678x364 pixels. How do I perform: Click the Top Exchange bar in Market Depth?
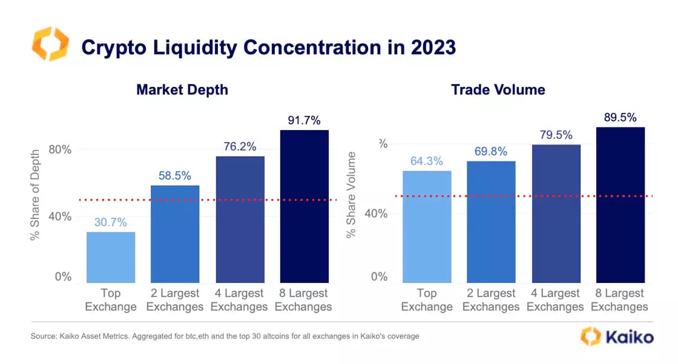point(111,257)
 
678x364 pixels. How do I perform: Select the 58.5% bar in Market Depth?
point(175,234)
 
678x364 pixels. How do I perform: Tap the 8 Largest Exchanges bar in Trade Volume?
point(620,205)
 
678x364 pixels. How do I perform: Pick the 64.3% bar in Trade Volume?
point(427,227)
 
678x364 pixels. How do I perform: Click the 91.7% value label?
point(304,120)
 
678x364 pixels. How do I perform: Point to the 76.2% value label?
point(240,146)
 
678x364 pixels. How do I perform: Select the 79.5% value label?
point(555,135)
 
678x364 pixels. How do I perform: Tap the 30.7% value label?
point(111,223)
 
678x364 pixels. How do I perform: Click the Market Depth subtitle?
point(182,90)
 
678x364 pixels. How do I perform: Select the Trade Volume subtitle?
point(498,90)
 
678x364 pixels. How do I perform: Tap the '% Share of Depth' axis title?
point(35,195)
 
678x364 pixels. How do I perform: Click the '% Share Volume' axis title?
point(351,195)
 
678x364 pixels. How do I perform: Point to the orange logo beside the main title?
point(50,44)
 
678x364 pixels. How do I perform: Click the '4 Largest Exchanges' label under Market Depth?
point(240,300)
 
